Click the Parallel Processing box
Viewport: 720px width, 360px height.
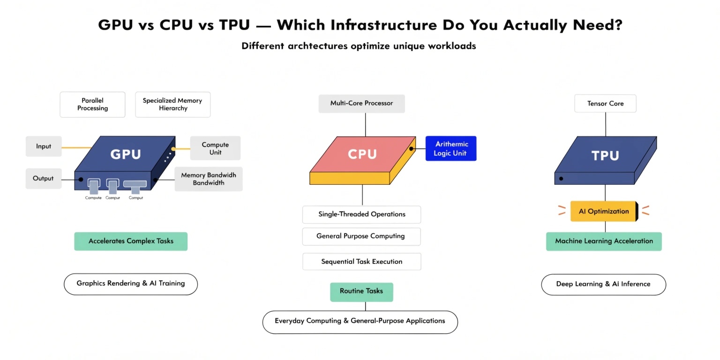pyautogui.click(x=92, y=105)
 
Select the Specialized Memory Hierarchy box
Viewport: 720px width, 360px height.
pyautogui.click(x=172, y=105)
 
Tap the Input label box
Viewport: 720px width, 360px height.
pyautogui.click(x=44, y=146)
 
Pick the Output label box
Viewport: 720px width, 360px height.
pyautogui.click(x=43, y=179)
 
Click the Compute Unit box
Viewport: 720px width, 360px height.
pyautogui.click(x=215, y=149)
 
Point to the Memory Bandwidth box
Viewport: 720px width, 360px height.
pyautogui.click(x=209, y=179)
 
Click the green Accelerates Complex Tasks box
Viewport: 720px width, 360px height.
pyautogui.click(x=131, y=241)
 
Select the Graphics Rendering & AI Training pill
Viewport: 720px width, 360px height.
pyautogui.click(x=131, y=284)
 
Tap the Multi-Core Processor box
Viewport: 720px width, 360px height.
pyautogui.click(x=361, y=104)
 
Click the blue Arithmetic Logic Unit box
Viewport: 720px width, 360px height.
pyautogui.click(x=450, y=149)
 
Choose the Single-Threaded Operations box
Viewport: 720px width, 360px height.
pyautogui.click(x=361, y=215)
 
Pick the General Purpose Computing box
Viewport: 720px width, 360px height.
pyautogui.click(x=361, y=236)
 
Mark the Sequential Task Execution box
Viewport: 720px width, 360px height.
pyautogui.click(x=361, y=262)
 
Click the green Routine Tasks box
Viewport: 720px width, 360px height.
pyautogui.click(x=361, y=292)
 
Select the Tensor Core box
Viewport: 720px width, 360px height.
pyautogui.click(x=605, y=104)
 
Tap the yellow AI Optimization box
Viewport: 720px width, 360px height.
pyautogui.click(x=604, y=211)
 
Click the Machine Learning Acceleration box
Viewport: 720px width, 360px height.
pyautogui.click(x=604, y=241)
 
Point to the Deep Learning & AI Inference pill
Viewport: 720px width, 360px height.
pyautogui.click(x=603, y=285)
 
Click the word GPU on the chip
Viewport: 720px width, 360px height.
pyautogui.click(x=125, y=154)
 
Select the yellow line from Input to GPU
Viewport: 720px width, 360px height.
pyautogui.click(x=77, y=148)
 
